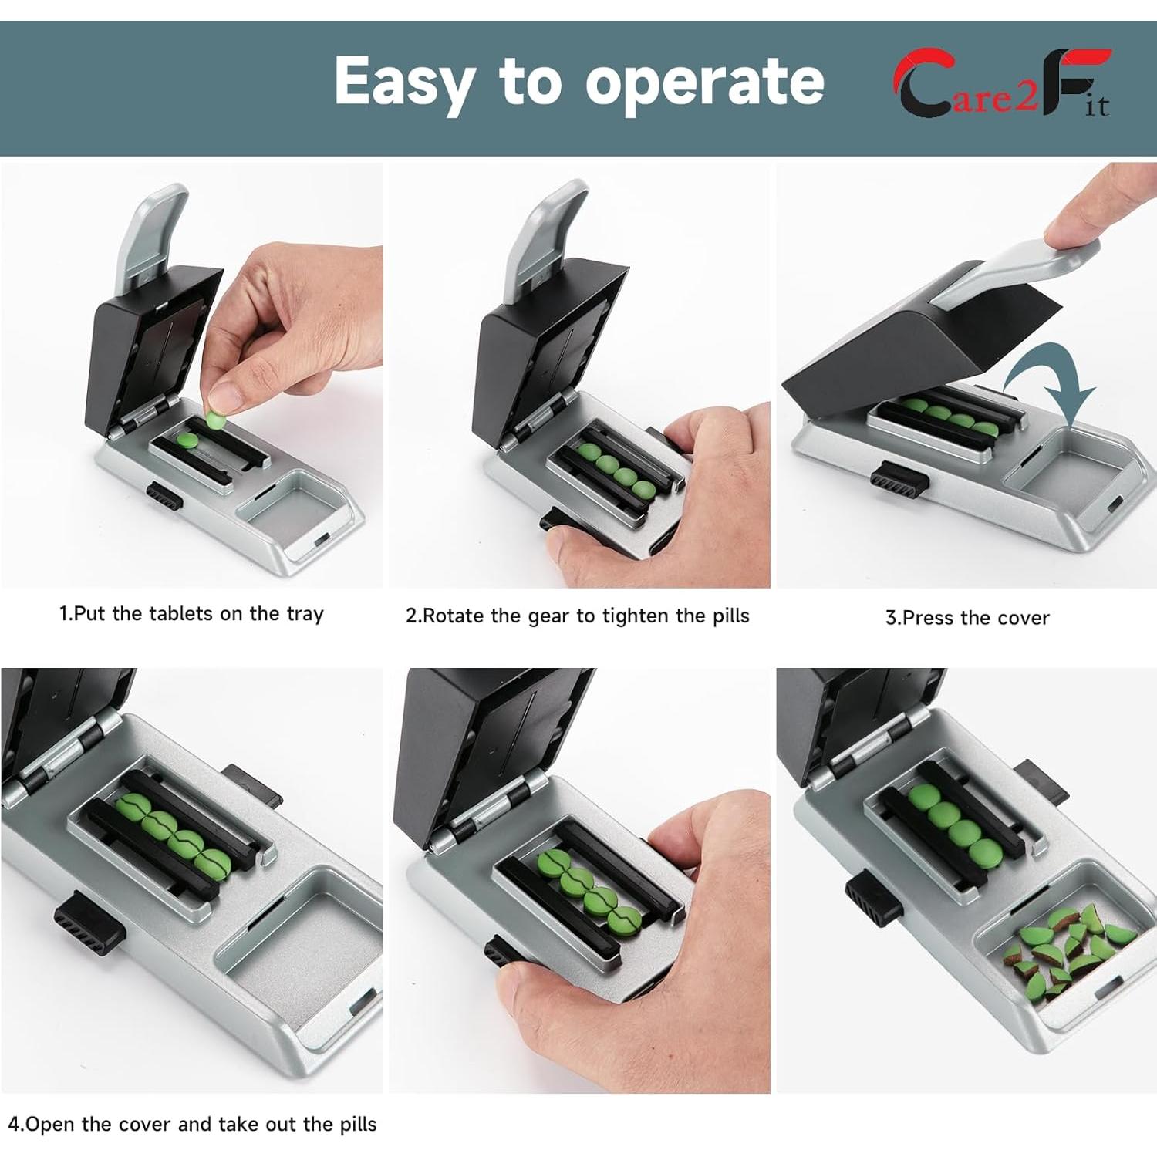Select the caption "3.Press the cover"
[x=967, y=618]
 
